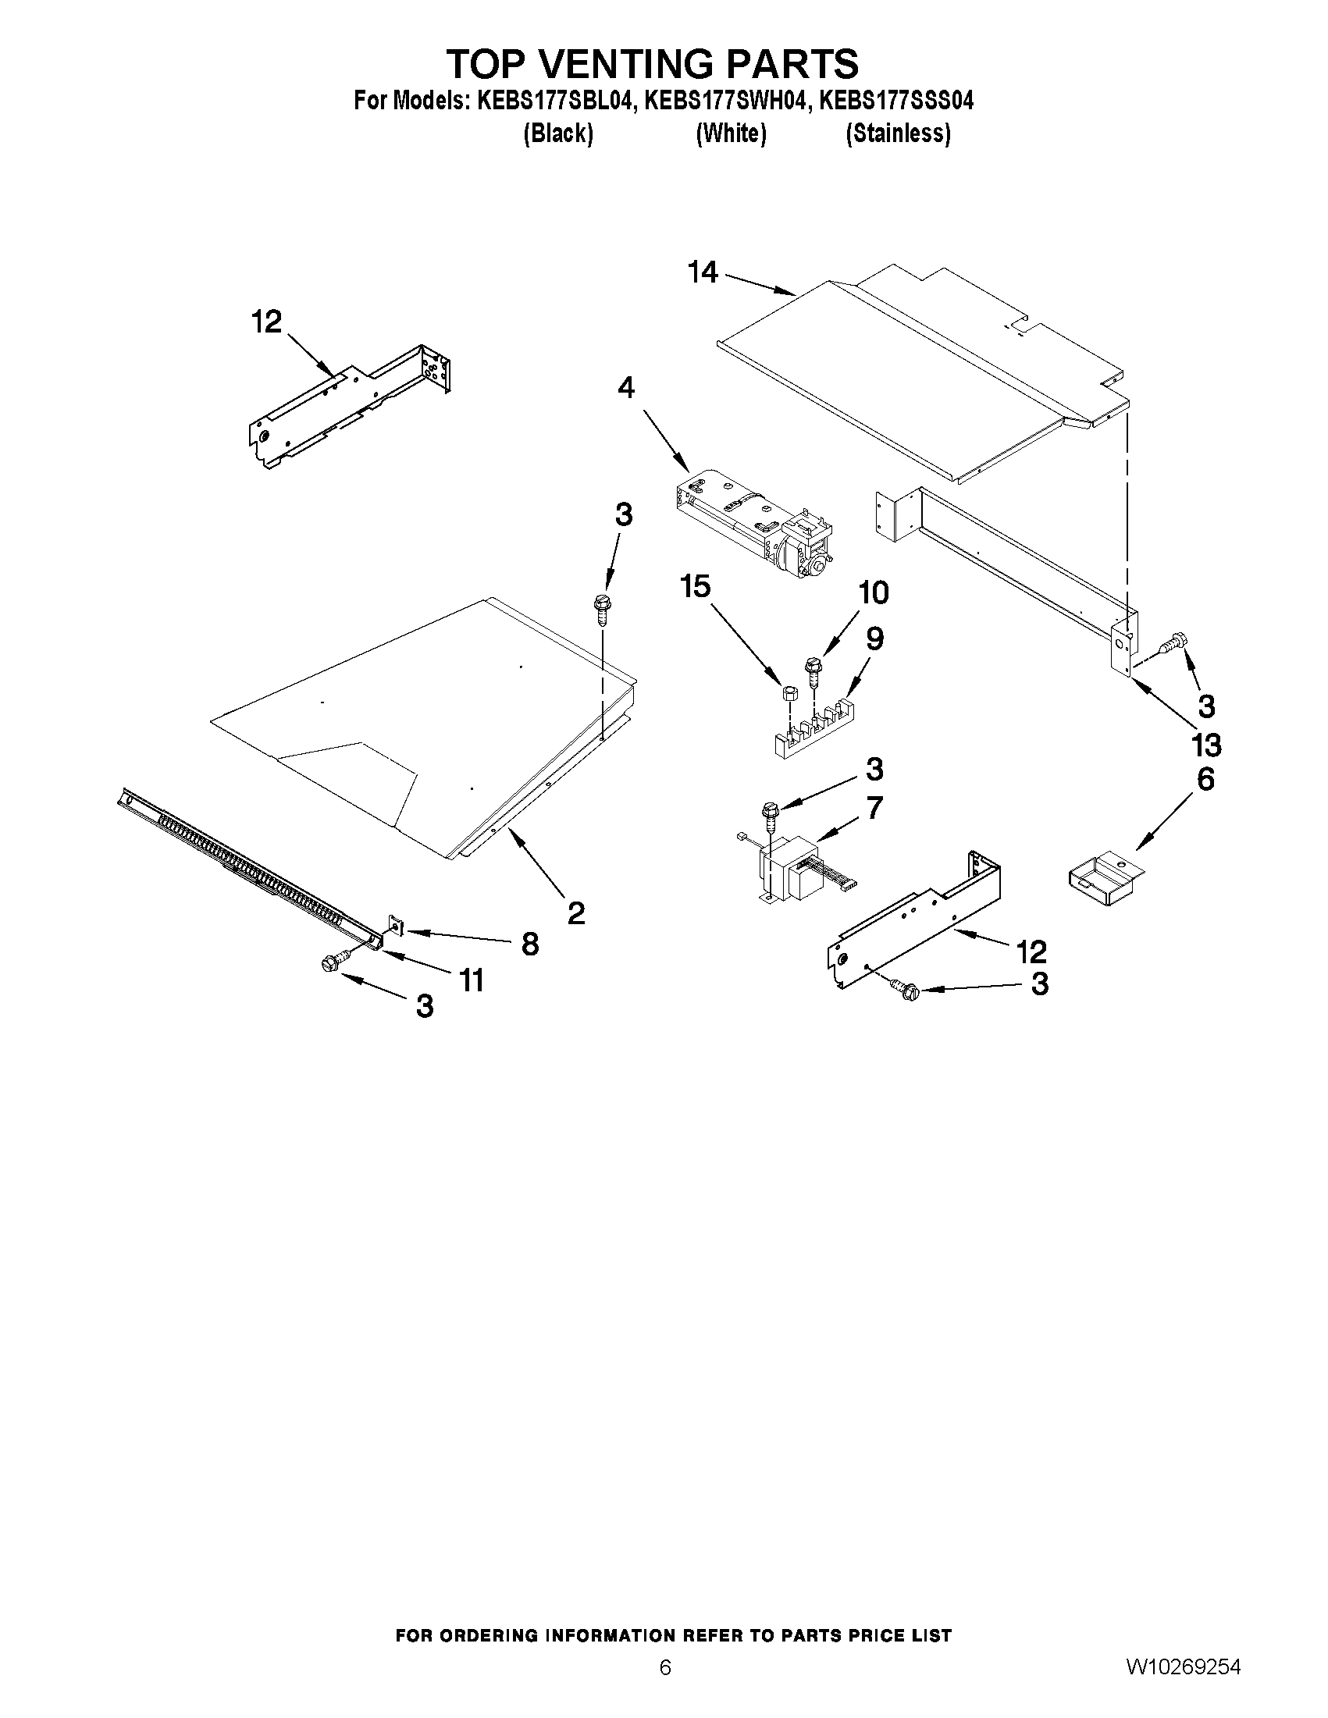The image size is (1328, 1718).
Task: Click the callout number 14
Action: pyautogui.click(x=703, y=272)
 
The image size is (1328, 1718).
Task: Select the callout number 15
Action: pyautogui.click(x=696, y=586)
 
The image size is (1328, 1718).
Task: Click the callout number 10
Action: pyautogui.click(x=873, y=592)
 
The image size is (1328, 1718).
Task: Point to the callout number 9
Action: pyautogui.click(x=874, y=638)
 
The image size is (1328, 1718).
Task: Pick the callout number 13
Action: pyautogui.click(x=1206, y=744)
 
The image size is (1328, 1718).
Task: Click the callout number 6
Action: pyautogui.click(x=1205, y=779)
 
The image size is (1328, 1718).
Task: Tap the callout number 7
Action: pyautogui.click(x=874, y=807)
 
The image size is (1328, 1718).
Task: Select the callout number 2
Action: pyautogui.click(x=576, y=913)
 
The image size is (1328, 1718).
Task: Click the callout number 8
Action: pyautogui.click(x=530, y=943)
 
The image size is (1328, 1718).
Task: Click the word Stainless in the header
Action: pyautogui.click(x=898, y=133)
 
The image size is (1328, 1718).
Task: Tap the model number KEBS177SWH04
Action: pyautogui.click(x=725, y=101)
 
